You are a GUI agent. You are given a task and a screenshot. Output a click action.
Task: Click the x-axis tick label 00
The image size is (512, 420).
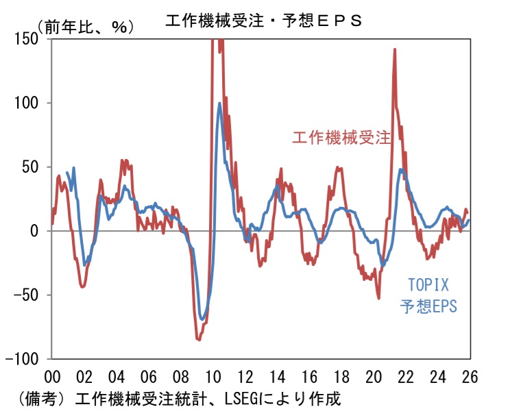pyautogui.click(x=52, y=376)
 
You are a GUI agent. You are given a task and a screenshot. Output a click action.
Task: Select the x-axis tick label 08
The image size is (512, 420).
pyautogui.click(x=180, y=376)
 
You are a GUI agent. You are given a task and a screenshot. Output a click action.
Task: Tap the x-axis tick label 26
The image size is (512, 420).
pyautogui.click(x=470, y=376)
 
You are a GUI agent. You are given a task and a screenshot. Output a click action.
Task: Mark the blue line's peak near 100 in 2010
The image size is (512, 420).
pyautogui.click(x=219, y=103)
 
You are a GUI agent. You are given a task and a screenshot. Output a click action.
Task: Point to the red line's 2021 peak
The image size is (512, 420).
pyautogui.click(x=395, y=49)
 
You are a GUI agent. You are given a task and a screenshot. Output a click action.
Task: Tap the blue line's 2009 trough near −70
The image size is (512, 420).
pyautogui.click(x=202, y=319)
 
